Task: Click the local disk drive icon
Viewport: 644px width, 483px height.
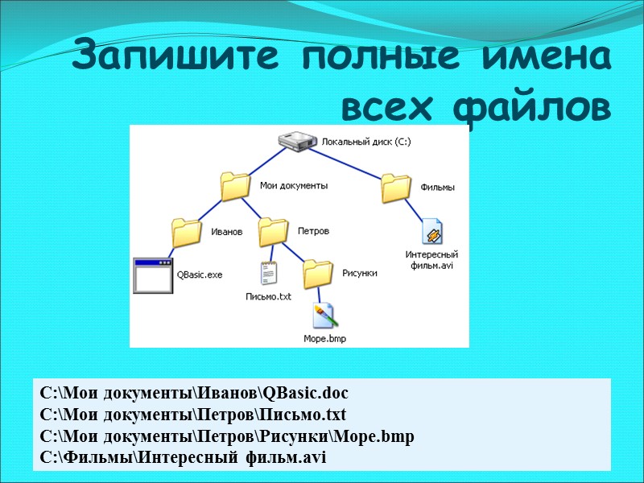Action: point(297,142)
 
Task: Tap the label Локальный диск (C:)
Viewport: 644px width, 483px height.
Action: point(366,142)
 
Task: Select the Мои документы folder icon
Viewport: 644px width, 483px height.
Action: point(236,186)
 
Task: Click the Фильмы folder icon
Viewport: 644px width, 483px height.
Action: point(397,188)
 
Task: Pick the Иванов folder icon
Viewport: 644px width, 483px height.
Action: point(187,233)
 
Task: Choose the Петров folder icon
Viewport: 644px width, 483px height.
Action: point(274,232)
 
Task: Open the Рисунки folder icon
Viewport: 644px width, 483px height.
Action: point(319,274)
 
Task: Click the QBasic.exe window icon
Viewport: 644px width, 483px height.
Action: point(153,275)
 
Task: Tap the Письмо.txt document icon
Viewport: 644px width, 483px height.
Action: point(268,274)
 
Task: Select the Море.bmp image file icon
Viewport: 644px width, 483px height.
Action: point(324,316)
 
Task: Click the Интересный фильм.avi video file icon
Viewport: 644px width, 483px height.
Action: point(431,232)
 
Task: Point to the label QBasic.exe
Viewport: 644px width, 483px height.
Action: point(200,275)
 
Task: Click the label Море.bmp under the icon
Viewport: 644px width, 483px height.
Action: point(324,339)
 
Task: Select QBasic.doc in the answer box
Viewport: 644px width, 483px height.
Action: point(306,394)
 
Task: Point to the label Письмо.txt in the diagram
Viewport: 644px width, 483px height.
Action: point(268,296)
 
